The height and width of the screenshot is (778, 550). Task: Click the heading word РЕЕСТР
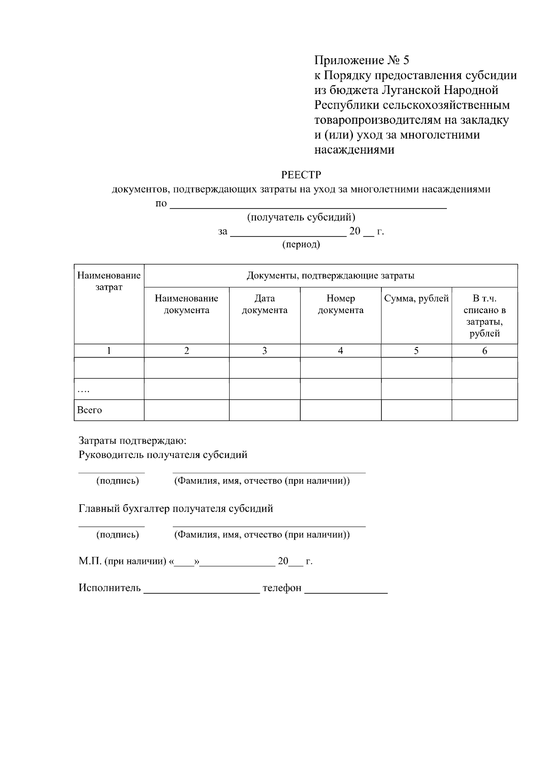(x=301, y=175)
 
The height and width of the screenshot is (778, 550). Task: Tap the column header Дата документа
(x=264, y=304)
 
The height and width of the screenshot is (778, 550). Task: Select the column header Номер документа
(x=341, y=304)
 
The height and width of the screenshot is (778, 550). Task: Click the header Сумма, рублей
(x=416, y=299)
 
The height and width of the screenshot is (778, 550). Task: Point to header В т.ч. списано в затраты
(x=484, y=316)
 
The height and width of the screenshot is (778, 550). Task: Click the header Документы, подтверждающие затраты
(x=330, y=276)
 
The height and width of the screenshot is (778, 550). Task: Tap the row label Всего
(x=90, y=410)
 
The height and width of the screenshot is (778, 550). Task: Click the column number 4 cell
(x=341, y=351)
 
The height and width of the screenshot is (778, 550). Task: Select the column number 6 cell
(x=484, y=351)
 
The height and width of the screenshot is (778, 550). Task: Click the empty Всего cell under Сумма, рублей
(x=416, y=410)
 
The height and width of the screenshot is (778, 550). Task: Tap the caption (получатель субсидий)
(x=301, y=217)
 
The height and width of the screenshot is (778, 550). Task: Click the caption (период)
(x=301, y=244)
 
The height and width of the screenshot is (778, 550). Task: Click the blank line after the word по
(x=308, y=204)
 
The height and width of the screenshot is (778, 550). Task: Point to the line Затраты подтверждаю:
(x=132, y=441)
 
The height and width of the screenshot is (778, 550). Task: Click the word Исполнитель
(x=110, y=588)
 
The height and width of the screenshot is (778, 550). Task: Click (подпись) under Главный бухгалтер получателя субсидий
(x=117, y=535)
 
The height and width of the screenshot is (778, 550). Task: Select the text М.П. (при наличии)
(x=122, y=561)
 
